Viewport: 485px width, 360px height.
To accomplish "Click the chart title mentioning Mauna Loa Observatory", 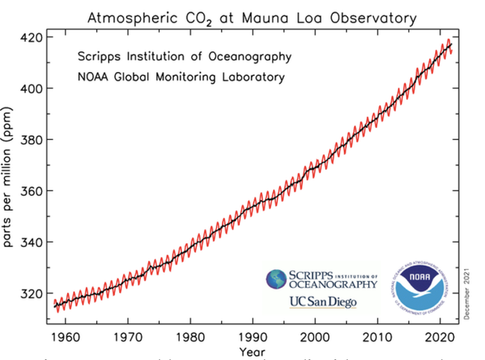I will [x=251, y=18].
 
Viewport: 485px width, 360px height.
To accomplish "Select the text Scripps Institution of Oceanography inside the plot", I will [x=184, y=57].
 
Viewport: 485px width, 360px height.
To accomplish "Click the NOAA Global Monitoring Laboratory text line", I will [x=181, y=77].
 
